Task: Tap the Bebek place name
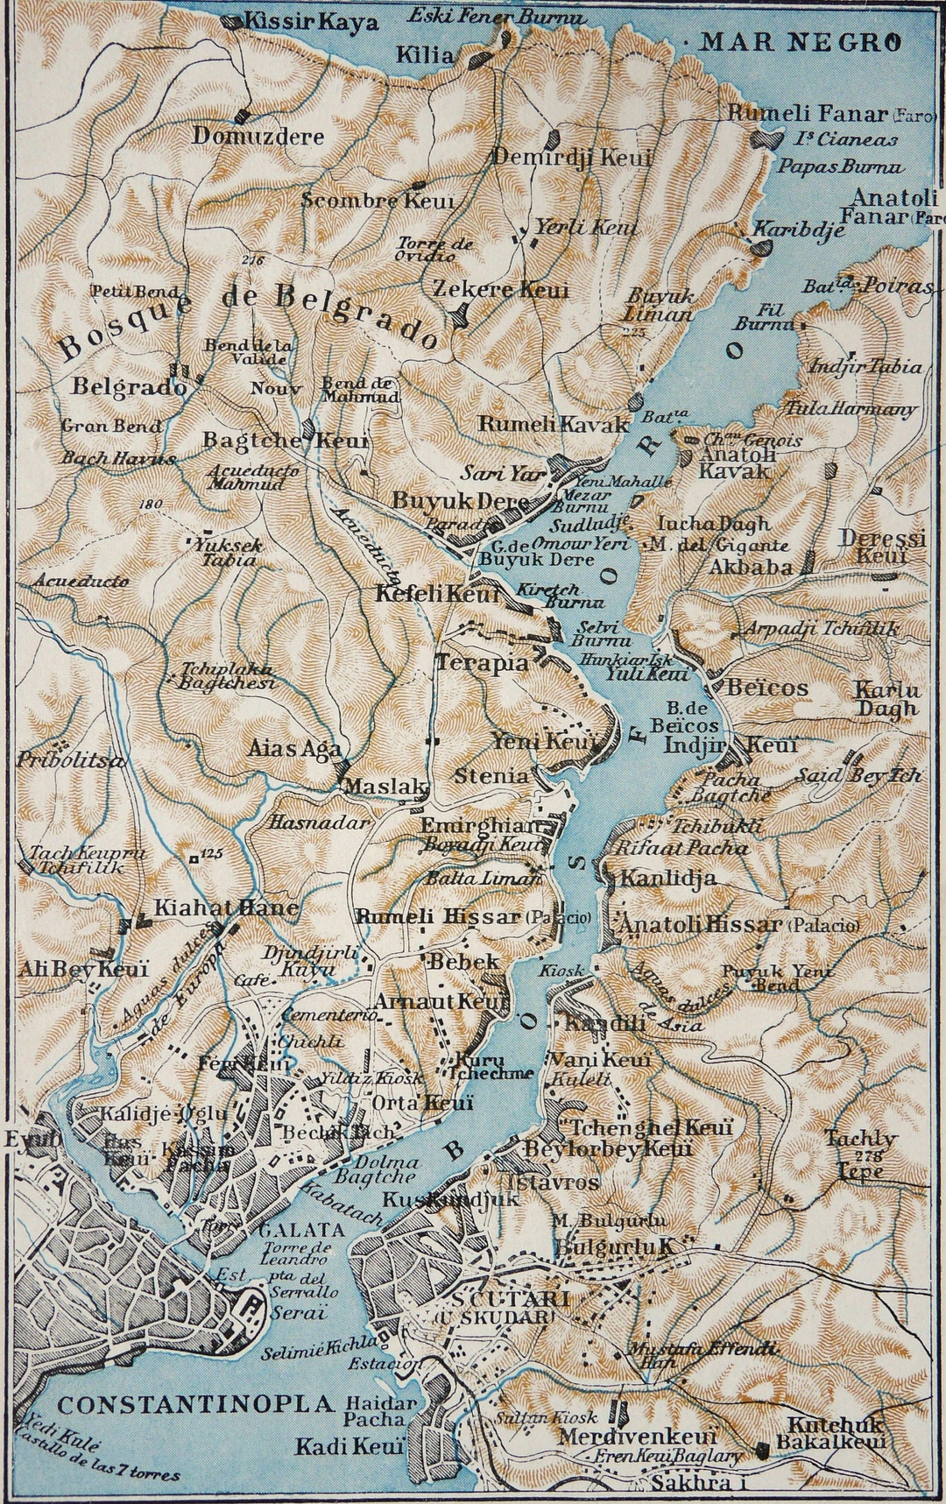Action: [463, 961]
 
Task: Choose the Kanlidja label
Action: [668, 878]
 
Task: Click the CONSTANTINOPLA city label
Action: [196, 1404]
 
